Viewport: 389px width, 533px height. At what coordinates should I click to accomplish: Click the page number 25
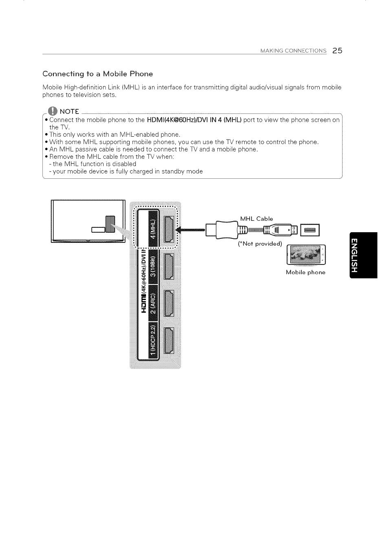[337, 51]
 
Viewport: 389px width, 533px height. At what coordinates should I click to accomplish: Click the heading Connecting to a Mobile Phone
[98, 74]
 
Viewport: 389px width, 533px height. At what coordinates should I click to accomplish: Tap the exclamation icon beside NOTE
[52, 111]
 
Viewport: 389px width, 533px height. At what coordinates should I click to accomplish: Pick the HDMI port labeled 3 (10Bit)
[168, 266]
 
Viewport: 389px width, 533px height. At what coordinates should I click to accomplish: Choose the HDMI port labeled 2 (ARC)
[168, 303]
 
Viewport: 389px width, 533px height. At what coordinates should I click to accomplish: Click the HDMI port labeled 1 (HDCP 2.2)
[168, 340]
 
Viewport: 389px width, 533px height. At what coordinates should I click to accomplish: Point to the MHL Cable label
[256, 219]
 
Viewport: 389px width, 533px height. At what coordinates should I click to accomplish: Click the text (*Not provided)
[260, 244]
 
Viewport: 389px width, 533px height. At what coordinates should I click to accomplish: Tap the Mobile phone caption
[305, 272]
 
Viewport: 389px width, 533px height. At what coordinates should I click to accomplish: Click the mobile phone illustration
[307, 255]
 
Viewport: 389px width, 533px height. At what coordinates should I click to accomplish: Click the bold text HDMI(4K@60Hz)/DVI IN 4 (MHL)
[194, 120]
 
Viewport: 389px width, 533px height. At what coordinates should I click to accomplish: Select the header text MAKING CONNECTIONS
[294, 51]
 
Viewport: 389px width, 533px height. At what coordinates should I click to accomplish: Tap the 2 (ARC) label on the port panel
[153, 303]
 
